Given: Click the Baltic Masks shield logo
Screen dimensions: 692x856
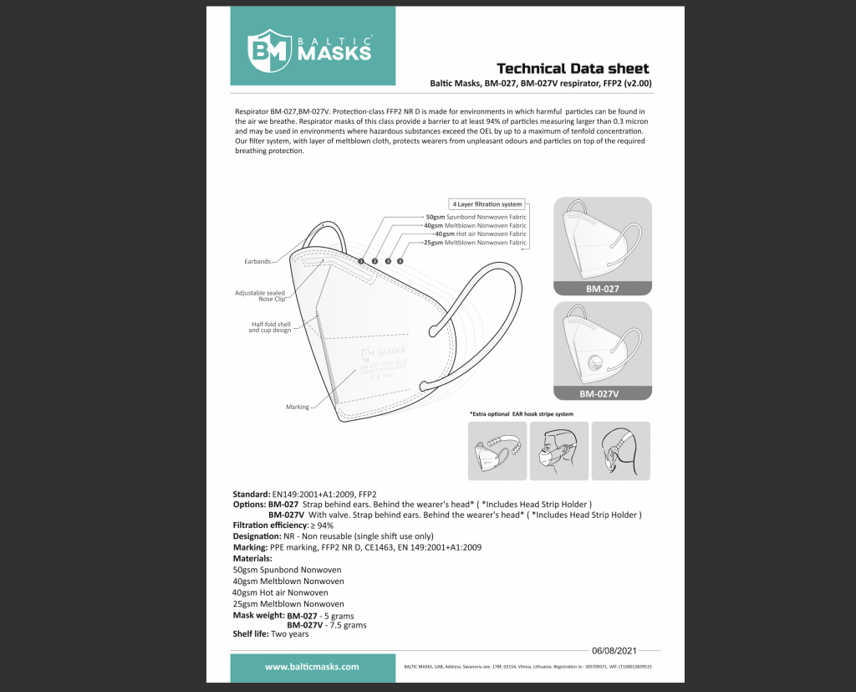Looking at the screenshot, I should pos(268,49).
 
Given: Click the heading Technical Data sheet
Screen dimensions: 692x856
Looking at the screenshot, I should pos(573,69).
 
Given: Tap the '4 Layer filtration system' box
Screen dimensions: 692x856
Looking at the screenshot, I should pos(487,204).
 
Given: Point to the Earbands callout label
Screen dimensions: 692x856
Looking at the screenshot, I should pos(257,262).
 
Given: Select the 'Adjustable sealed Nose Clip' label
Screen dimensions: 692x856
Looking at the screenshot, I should pos(261,296).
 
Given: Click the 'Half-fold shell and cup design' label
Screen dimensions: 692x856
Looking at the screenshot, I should pos(269,327).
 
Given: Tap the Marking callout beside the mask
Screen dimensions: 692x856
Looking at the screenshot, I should pos(298,407).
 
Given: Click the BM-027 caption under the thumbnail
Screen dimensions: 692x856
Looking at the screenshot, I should pos(603,289).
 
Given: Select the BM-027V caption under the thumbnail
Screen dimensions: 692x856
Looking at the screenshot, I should pos(603,392).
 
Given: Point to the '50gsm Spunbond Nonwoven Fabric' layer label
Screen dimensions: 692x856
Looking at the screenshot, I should pos(476,218).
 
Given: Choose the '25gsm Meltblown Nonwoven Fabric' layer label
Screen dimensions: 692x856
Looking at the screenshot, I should pos(476,243).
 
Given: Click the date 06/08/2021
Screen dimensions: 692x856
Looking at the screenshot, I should pos(614,650).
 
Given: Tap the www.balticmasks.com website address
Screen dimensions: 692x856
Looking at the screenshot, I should pos(312,667).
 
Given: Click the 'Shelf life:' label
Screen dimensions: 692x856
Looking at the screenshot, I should pos(251,633).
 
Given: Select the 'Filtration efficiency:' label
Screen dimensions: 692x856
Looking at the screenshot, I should pos(270,525).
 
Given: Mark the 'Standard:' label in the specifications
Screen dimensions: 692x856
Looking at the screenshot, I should pos(251,494).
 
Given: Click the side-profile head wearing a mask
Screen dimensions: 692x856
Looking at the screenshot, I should pos(558,450).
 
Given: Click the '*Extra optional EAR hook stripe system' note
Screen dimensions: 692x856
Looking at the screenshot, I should pos(522,414).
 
